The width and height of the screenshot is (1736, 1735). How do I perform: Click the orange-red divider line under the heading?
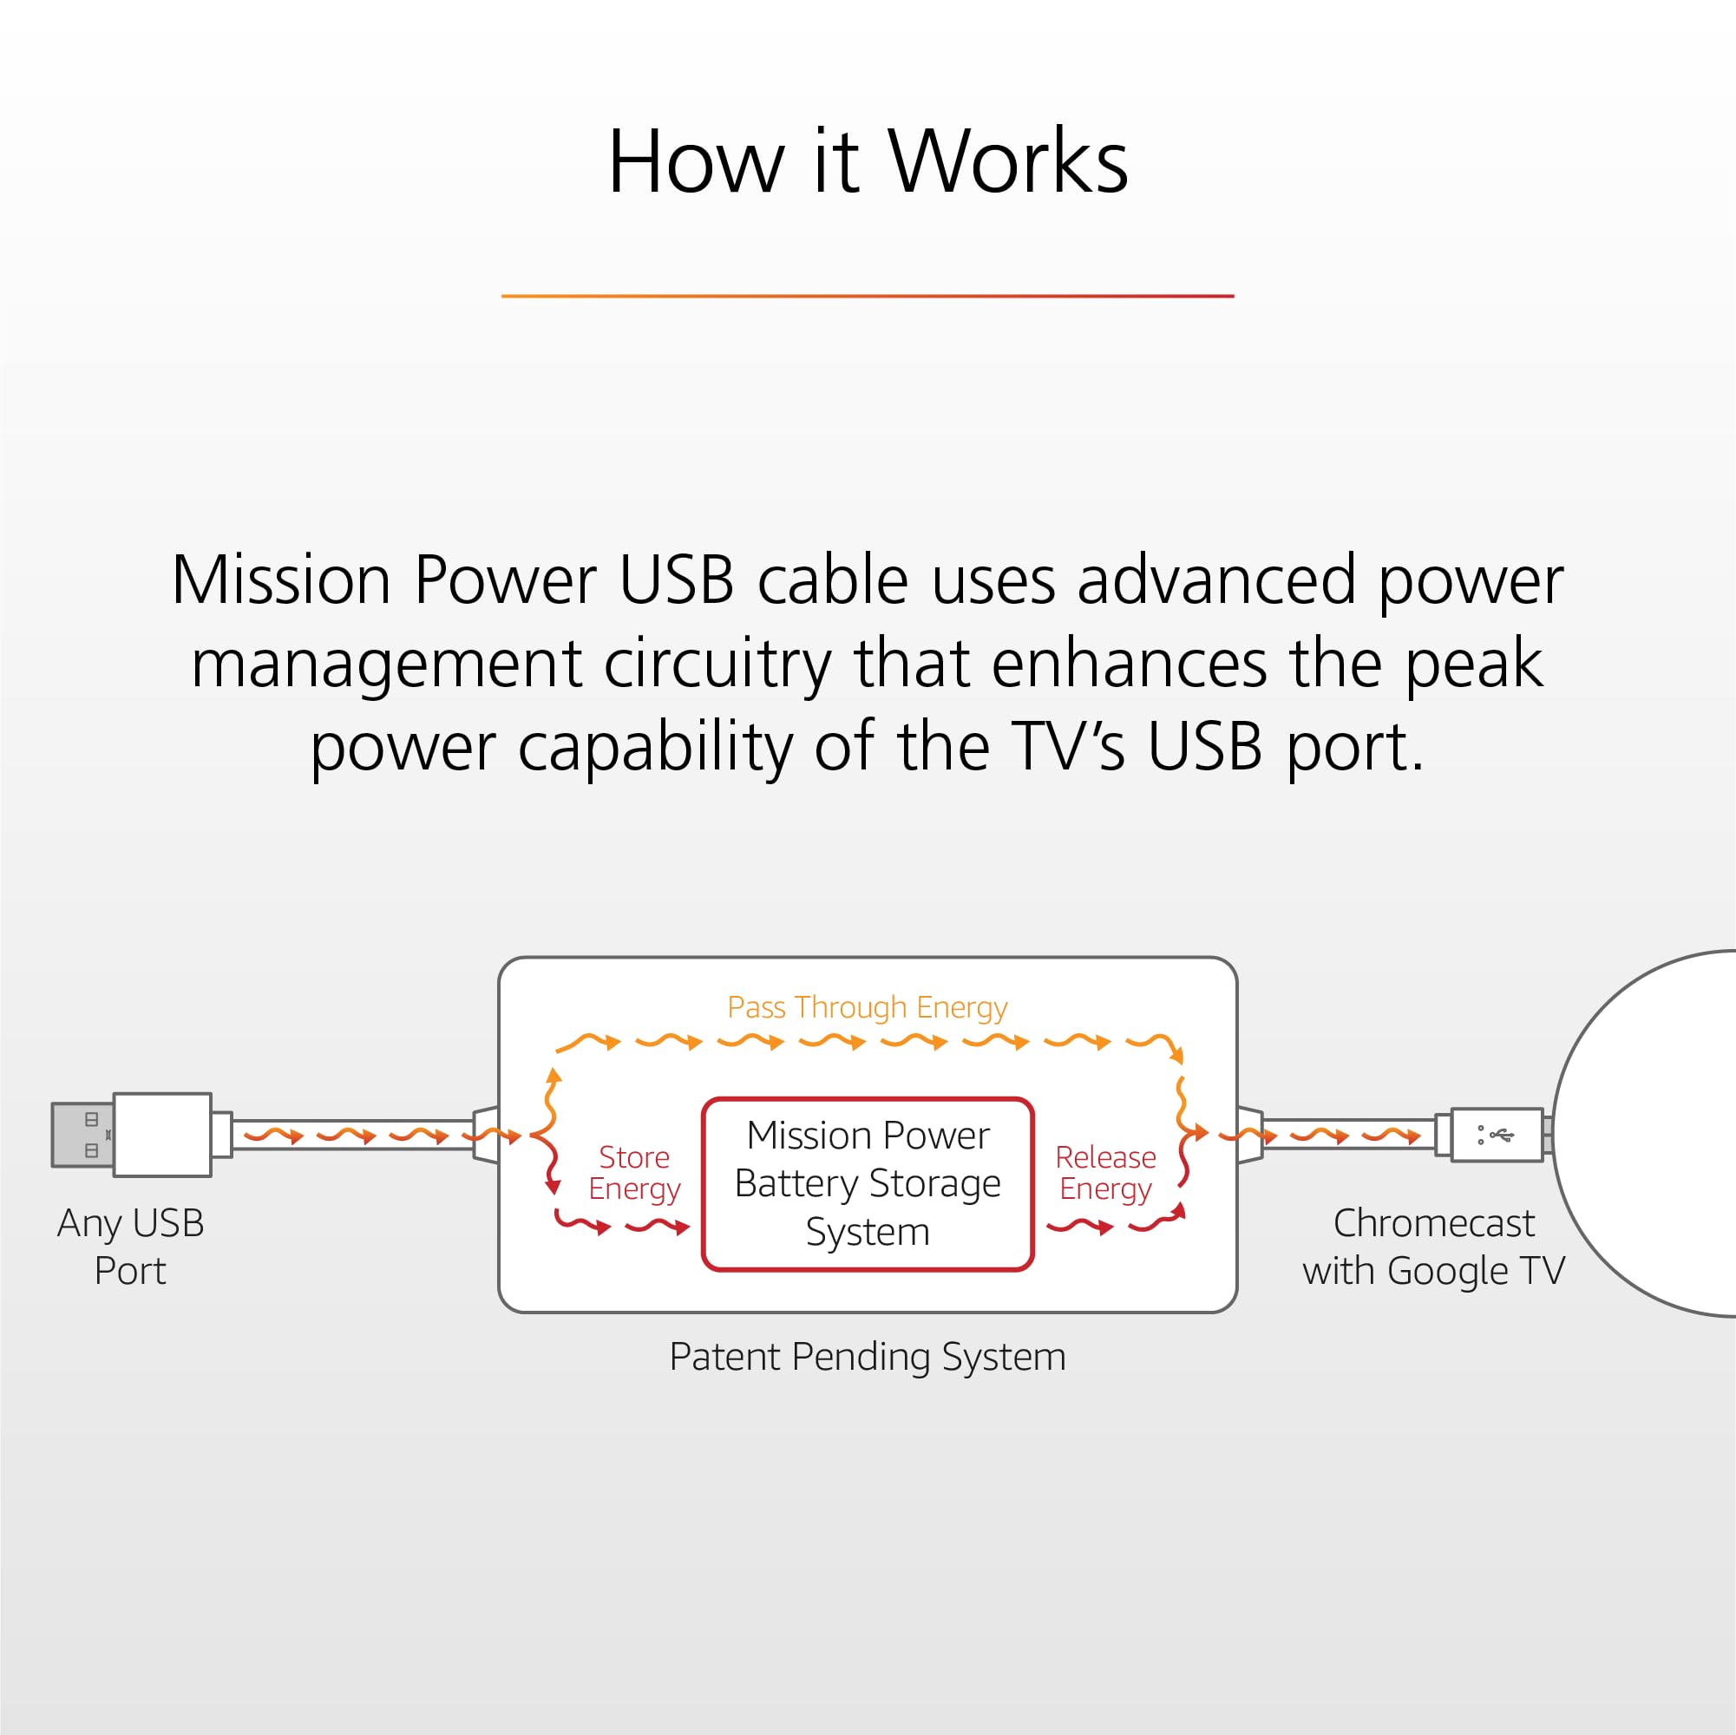click(867, 296)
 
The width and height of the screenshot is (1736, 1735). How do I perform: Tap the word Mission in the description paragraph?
click(280, 581)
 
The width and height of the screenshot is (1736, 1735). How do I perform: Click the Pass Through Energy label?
click(867, 1007)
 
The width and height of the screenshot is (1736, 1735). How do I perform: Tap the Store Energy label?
click(634, 1173)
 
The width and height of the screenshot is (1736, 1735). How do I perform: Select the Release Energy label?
click(1105, 1173)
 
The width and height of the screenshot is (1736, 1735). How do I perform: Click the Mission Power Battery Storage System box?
click(867, 1183)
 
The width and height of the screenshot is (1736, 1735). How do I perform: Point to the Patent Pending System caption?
click(867, 1357)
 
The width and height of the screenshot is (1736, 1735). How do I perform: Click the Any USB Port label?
click(130, 1247)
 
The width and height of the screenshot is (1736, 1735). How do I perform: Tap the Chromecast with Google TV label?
click(1433, 1247)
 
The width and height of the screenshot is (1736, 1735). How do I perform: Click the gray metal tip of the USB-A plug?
click(82, 1135)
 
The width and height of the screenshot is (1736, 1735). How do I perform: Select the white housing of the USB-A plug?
click(162, 1135)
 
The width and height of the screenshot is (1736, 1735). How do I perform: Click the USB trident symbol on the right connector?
click(1501, 1136)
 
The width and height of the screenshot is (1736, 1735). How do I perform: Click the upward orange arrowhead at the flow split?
click(554, 1075)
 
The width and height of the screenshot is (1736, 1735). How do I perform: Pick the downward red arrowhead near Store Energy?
click(554, 1188)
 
